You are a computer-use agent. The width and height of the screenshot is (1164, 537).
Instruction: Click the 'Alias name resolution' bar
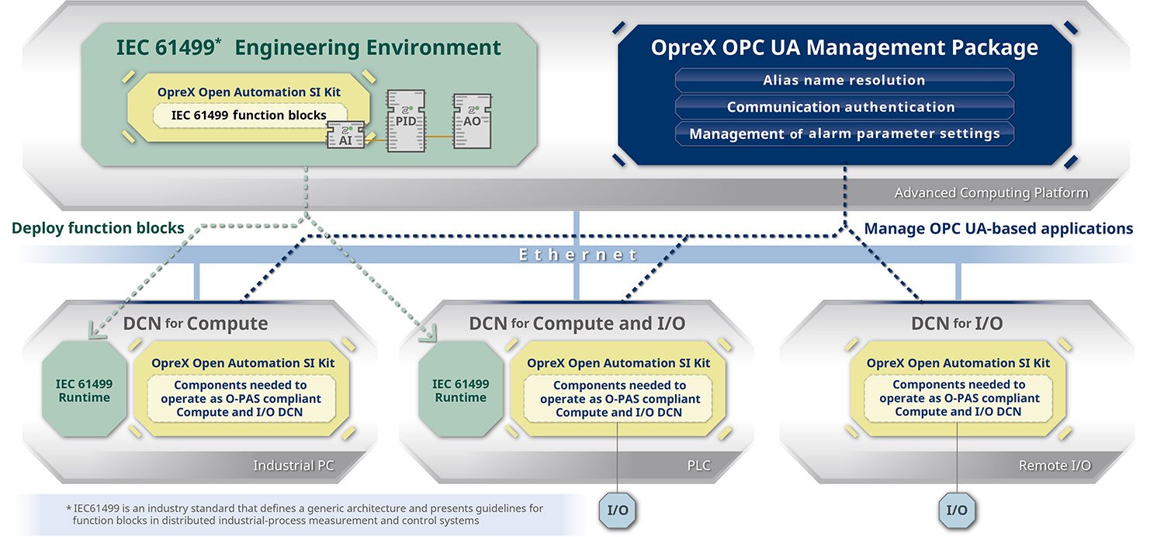tap(844, 80)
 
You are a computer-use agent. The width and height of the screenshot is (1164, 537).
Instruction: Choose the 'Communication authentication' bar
tap(844, 107)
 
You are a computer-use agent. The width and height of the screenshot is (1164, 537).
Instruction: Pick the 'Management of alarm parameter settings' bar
tap(844, 133)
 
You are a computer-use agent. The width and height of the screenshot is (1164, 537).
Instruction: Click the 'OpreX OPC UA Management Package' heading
tap(844, 47)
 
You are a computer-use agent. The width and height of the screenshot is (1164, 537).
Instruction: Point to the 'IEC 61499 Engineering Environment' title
tap(309, 47)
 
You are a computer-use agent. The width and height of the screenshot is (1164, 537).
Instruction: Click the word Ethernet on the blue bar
tap(578, 255)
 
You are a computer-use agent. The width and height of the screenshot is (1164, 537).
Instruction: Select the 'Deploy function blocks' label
tap(98, 228)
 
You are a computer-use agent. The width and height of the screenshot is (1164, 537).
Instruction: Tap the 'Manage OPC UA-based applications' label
tap(998, 228)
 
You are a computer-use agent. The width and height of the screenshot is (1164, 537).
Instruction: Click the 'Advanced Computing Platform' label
tap(991, 192)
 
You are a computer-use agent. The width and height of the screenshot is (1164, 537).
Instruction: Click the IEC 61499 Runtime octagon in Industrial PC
tap(84, 390)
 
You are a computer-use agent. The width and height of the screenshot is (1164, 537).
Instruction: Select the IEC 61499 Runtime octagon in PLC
tap(460, 390)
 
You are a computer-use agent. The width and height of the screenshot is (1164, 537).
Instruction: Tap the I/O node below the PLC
tap(618, 510)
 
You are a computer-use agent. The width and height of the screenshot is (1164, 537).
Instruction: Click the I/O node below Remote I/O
tap(957, 510)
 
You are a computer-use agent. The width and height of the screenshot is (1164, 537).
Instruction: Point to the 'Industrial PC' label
tap(294, 466)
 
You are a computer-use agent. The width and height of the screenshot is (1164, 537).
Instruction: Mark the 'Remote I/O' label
tap(1055, 466)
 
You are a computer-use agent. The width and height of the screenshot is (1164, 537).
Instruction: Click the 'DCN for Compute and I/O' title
tap(577, 323)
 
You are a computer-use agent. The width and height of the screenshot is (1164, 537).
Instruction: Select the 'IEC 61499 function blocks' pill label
tap(248, 115)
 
